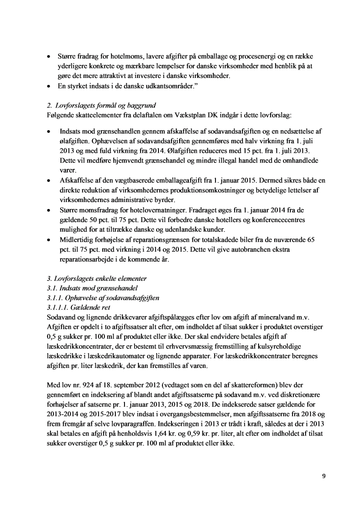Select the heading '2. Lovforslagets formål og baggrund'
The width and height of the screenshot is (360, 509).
100,106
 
